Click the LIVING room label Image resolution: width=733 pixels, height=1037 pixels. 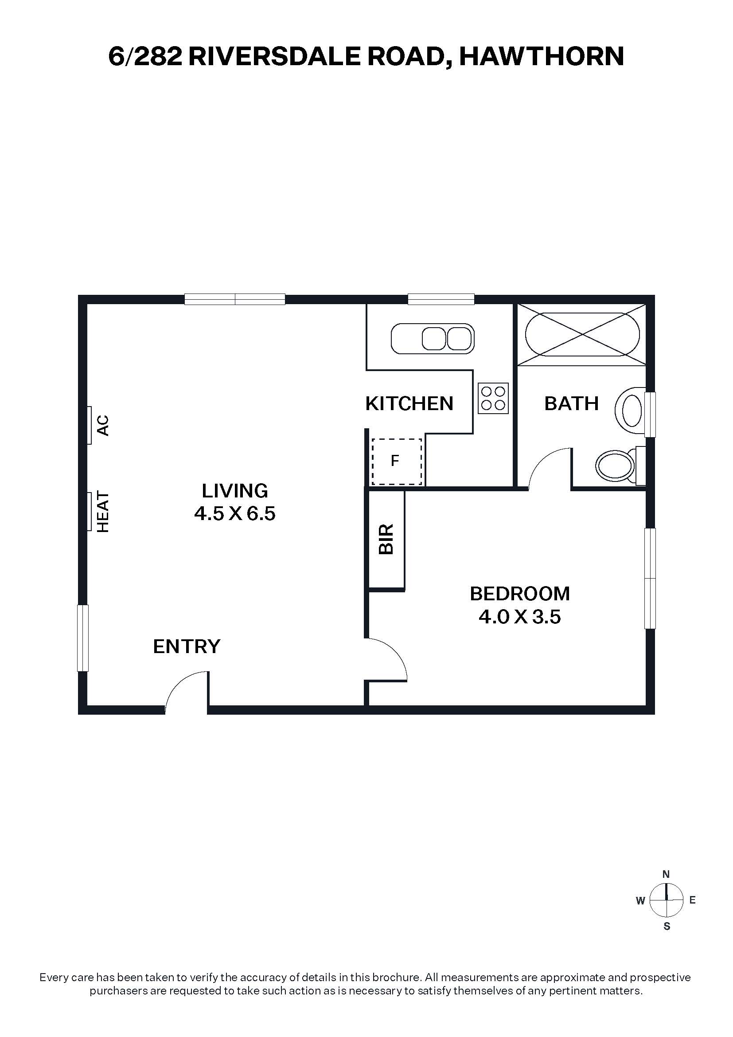235,490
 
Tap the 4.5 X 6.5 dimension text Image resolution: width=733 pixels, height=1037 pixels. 235,513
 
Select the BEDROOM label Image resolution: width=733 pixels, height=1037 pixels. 520,594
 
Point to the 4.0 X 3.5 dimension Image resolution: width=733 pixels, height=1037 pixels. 520,617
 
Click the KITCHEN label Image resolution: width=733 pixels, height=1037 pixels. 409,403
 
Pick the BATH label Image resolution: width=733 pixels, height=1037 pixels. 571,403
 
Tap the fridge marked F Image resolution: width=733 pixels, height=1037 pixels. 397,462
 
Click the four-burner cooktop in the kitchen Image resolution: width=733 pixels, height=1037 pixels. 493,399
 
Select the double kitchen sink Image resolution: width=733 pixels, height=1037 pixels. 433,338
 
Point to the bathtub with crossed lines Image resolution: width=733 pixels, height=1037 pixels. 582,335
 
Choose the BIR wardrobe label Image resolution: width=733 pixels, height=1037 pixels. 386,539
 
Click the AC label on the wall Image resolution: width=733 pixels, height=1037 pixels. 103,425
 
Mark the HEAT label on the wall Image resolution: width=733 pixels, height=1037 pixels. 103,512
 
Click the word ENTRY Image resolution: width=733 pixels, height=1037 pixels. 187,646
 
